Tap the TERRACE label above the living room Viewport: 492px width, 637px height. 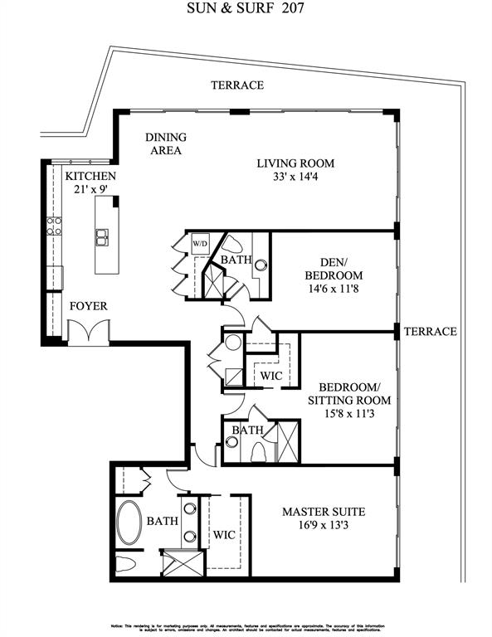tap(236, 85)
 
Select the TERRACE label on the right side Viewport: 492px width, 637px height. tap(430, 332)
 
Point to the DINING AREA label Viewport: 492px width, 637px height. tap(166, 143)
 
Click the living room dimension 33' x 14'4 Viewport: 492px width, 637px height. tap(295, 177)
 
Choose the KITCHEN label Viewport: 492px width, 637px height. tap(90, 177)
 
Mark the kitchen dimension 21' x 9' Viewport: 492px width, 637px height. tap(90, 190)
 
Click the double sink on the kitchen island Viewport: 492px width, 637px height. tap(104, 238)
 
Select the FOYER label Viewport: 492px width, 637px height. tap(88, 306)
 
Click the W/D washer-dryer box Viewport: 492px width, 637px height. tap(200, 244)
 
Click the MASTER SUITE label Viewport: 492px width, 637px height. tap(323, 512)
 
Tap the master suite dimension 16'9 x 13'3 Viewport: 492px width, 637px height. tap(323, 525)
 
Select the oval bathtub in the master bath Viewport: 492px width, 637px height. tap(129, 523)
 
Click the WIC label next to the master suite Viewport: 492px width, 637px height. tap(224, 535)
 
